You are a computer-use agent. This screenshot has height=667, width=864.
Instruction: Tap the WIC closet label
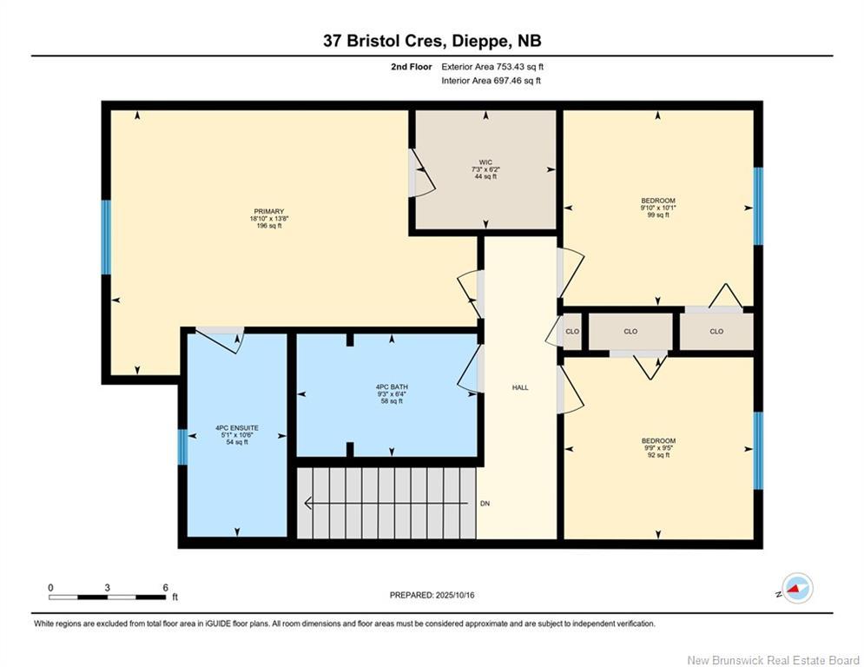484,162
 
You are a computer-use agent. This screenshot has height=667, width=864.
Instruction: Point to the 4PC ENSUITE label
237,428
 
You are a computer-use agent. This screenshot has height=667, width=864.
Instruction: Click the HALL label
520,387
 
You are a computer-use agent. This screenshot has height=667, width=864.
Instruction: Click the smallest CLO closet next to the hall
572,331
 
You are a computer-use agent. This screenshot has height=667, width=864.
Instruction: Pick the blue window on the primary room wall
106,237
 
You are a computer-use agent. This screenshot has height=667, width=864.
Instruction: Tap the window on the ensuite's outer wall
182,447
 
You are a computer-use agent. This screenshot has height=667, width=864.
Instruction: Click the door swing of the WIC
420,173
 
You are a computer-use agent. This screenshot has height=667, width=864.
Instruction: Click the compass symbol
796,589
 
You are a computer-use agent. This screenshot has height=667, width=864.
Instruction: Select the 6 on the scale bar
165,588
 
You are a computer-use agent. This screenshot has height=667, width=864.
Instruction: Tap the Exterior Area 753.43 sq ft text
491,66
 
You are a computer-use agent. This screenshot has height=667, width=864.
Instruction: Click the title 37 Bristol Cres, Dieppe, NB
432,40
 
